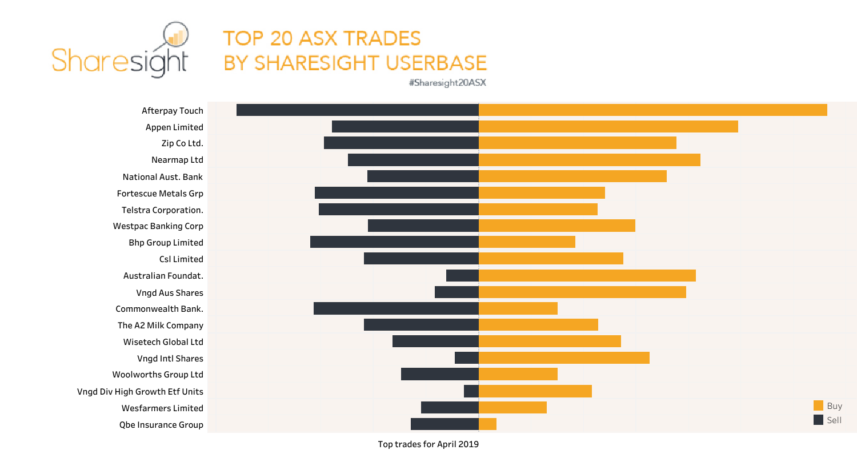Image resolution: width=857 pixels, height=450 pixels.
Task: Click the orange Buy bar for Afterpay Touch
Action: [652, 110]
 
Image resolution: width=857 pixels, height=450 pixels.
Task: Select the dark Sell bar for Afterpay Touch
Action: [357, 110]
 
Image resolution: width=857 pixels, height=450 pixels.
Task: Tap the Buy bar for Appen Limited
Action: [608, 127]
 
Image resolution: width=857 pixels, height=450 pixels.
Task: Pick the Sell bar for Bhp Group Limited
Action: [394, 242]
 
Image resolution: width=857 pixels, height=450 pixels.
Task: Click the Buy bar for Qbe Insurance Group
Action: [487, 424]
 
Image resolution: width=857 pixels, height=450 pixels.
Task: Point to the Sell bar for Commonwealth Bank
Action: [396, 308]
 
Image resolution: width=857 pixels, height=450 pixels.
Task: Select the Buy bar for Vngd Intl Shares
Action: [564, 358]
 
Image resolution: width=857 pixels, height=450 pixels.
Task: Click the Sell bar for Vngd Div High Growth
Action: [471, 391]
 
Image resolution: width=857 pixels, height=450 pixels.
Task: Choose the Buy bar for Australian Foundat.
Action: [587, 275]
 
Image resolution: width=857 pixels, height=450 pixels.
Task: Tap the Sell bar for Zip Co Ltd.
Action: [401, 143]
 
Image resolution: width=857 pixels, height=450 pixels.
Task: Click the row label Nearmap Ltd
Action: [177, 160]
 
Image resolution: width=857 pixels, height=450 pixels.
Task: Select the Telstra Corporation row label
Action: [162, 210]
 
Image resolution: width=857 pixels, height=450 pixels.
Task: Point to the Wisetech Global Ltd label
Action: [163, 342]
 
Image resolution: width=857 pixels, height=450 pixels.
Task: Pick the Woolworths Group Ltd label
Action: [158, 375]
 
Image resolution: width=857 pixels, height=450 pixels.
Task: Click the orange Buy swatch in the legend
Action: [818, 406]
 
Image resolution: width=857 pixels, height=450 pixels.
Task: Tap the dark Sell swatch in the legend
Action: [818, 420]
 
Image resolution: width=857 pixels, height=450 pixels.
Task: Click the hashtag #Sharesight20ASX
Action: [447, 82]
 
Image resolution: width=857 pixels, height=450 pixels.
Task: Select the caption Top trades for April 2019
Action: [428, 444]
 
